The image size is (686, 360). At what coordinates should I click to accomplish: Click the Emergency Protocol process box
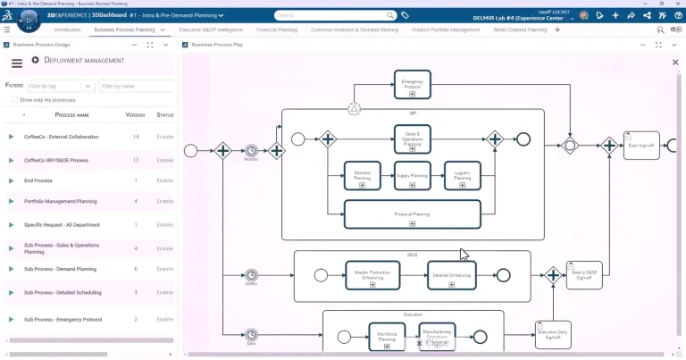412,84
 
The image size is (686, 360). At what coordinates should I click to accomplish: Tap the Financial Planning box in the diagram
412,214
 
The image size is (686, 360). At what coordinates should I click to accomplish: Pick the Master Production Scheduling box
372,276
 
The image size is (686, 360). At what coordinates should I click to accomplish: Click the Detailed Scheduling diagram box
453,276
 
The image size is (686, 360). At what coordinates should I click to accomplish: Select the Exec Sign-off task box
640,145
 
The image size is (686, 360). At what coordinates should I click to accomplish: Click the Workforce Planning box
387,337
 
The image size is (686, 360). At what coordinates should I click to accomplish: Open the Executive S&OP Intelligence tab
213,29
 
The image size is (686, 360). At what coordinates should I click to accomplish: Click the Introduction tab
67,29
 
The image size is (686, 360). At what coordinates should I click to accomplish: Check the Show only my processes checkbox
13,100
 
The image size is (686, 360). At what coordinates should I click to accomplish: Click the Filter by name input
136,86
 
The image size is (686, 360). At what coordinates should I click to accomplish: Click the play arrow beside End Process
12,180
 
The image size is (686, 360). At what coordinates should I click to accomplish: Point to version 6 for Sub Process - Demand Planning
135,269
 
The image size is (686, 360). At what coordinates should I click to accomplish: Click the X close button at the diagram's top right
674,62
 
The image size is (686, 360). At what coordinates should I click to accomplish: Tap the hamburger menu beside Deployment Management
16,63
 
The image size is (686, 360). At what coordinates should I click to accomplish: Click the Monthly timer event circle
252,150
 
